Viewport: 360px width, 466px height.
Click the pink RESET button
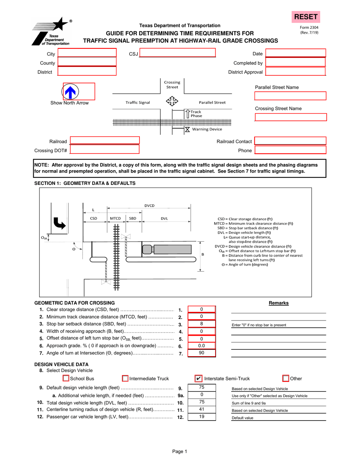[x=305, y=17]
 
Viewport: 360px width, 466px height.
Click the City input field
[x=87, y=54]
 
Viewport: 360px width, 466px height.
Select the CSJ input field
[x=177, y=54]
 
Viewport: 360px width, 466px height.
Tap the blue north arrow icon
[x=70, y=91]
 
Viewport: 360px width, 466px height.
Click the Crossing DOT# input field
[x=105, y=150]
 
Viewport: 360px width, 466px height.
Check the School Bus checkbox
[x=66, y=378]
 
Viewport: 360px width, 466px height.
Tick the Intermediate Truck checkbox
[x=125, y=378]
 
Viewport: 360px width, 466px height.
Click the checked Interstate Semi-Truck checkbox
[x=198, y=378]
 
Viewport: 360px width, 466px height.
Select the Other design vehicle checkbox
[x=286, y=378]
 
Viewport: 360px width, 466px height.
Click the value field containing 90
[x=202, y=353]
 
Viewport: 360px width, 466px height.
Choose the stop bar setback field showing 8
[x=202, y=324]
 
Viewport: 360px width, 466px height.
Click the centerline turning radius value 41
[x=202, y=410]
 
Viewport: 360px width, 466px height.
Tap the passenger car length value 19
[x=202, y=417]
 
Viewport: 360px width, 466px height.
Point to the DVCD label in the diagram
[x=149, y=206]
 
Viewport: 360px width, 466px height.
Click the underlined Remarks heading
[x=279, y=303]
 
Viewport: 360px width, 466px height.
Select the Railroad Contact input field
[x=290, y=141]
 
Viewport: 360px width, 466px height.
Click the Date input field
[x=296, y=54]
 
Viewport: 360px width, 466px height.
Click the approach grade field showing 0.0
[x=202, y=346]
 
